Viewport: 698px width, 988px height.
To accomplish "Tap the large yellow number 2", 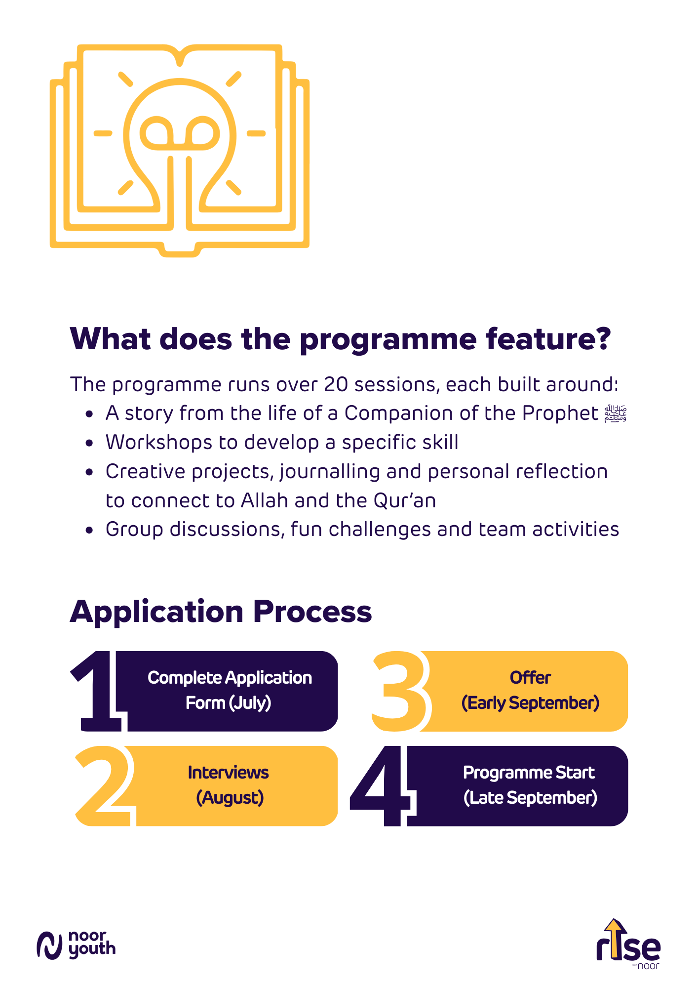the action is click(x=105, y=785).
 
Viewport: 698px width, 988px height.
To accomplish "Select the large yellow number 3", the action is click(x=399, y=691).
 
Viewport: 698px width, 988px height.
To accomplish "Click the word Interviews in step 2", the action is click(x=228, y=773).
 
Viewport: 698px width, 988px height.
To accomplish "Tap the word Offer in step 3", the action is click(x=530, y=678).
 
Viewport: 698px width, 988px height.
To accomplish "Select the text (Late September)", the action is click(x=531, y=798).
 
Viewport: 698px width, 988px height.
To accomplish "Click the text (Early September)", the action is click(x=531, y=703).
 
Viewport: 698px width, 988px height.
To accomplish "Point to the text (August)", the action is click(x=230, y=798).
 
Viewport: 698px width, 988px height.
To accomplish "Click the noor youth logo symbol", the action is click(x=49, y=946).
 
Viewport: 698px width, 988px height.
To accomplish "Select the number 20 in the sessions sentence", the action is click(x=336, y=385).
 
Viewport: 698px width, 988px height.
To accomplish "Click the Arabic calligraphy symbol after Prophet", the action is click(x=616, y=413).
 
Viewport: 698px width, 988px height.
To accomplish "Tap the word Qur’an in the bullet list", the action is click(x=405, y=501).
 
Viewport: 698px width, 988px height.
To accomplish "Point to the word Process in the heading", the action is click(x=312, y=612).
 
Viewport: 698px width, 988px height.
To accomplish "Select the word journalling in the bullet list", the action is click(x=330, y=472).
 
